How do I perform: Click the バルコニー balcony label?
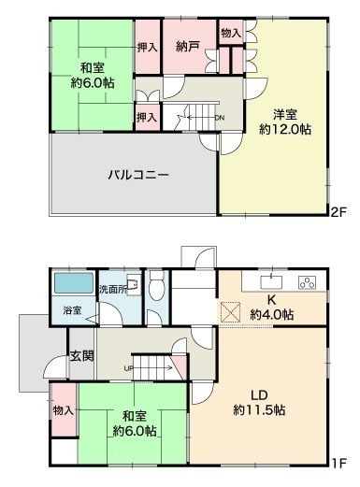pos(138,175)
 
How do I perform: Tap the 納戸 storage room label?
pos(187,47)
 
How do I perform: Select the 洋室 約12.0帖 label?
pos(285,122)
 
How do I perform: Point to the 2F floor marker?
pos(338,212)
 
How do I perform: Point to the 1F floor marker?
pos(338,464)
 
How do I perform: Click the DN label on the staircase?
pos(220,118)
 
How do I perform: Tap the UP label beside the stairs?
pos(128,368)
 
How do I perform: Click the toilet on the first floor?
pos(156,286)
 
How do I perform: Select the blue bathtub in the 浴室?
pos(74,283)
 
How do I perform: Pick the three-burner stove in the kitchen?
pos(307,282)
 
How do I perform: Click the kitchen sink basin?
pos(271,282)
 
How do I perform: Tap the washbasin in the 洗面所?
pos(134,284)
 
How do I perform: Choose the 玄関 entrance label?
pos(81,356)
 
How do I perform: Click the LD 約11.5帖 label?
pos(259,403)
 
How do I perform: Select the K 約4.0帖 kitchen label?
pos(272,308)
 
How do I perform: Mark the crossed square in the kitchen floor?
pos(230,312)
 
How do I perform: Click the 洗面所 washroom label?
pos(113,290)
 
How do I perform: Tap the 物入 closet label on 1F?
pos(64,410)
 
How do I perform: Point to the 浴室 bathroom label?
pos(72,310)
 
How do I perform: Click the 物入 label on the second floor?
pos(231,33)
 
